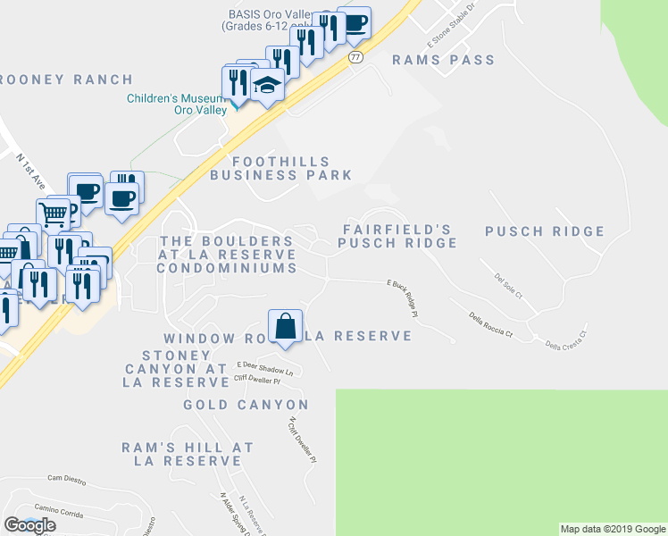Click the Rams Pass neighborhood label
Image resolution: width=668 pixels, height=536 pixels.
(x=443, y=60)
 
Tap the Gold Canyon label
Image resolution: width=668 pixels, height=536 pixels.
(x=246, y=405)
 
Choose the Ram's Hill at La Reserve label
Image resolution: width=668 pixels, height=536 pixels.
(x=188, y=454)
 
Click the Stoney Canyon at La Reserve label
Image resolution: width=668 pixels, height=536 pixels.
(x=176, y=368)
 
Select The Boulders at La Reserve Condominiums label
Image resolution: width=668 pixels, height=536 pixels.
(x=228, y=255)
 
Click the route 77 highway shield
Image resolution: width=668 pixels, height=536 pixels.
(x=355, y=56)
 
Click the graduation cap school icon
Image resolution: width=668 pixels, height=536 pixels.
(x=266, y=86)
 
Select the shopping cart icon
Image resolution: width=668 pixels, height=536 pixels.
(x=54, y=214)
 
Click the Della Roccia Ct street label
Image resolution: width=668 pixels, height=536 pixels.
(x=491, y=324)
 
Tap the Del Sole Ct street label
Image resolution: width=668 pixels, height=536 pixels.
(x=508, y=282)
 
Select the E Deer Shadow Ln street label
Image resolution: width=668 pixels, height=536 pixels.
(x=264, y=367)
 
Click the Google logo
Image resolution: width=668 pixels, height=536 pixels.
(x=29, y=525)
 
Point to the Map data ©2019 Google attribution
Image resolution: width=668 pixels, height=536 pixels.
(x=612, y=529)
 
